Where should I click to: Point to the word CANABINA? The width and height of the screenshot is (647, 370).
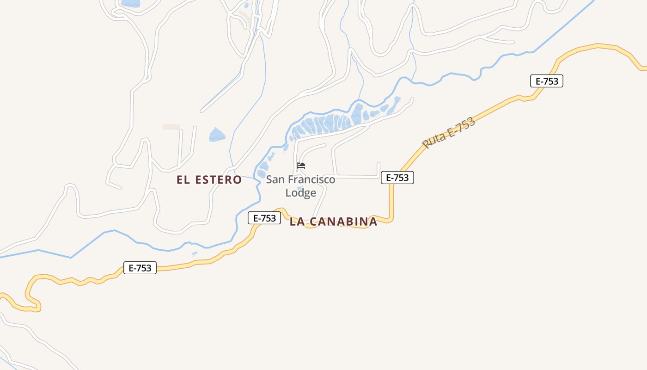click(343, 222)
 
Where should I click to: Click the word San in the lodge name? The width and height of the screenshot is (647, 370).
click(275, 179)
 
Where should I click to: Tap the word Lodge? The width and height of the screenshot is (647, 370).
click(301, 193)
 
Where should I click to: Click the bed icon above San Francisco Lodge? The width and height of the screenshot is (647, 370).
click(301, 166)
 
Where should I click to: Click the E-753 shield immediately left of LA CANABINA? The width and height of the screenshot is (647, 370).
click(264, 218)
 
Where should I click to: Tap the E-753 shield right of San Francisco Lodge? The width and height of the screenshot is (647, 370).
click(397, 178)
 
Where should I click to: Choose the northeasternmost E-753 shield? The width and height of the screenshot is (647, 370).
click(547, 81)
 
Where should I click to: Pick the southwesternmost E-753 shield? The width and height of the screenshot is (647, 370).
click(140, 268)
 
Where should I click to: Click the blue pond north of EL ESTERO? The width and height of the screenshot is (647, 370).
click(216, 135)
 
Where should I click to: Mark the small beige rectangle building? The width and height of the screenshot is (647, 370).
click(171, 127)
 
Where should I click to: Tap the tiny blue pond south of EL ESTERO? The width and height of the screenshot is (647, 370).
click(195, 253)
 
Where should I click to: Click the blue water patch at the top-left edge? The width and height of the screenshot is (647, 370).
click(130, 3)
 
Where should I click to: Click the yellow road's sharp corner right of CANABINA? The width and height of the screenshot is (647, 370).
click(391, 219)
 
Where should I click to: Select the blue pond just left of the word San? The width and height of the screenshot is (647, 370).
click(263, 166)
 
